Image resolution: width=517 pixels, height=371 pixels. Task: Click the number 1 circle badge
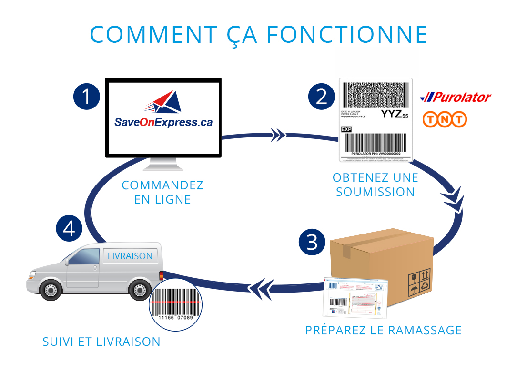(x=86, y=97)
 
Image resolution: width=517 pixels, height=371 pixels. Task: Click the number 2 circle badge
(x=322, y=97)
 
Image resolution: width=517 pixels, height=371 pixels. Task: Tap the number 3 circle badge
(x=312, y=242)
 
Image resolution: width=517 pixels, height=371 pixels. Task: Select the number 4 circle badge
(x=70, y=228)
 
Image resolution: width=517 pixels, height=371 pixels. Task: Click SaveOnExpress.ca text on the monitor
(x=163, y=122)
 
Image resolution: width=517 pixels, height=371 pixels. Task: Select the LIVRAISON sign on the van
(x=130, y=256)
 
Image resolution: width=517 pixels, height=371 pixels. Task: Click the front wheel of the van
(x=50, y=289)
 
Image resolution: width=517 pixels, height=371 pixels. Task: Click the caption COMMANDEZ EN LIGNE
(x=162, y=192)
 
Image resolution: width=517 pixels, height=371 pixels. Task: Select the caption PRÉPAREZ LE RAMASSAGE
(x=384, y=330)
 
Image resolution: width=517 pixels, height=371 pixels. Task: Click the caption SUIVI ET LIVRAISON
(x=101, y=342)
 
